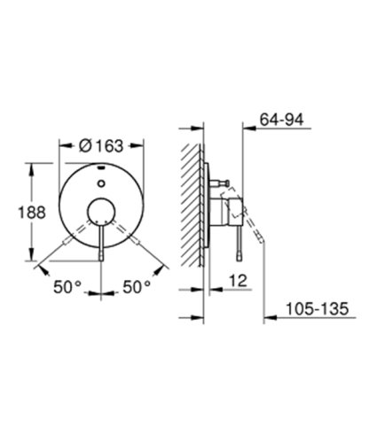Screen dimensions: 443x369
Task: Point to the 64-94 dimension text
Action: pos(281,115)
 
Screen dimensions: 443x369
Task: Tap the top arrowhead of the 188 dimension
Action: pos(36,164)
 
